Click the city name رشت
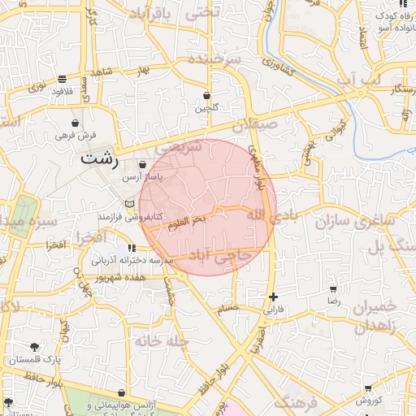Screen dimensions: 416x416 click(x=97, y=159)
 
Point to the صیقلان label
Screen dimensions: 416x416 click(x=255, y=126)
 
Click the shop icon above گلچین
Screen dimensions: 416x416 click(x=206, y=95)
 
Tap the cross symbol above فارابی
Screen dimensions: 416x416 click(x=273, y=297)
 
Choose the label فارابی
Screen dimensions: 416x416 click(x=273, y=310)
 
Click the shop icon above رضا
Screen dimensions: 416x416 click(x=333, y=289)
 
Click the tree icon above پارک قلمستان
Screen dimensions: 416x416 click(x=33, y=347)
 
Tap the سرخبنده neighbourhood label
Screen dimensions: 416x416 click(x=214, y=61)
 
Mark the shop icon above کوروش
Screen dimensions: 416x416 click(x=368, y=389)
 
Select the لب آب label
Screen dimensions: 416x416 click(x=360, y=80)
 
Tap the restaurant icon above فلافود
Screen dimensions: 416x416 click(x=63, y=80)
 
